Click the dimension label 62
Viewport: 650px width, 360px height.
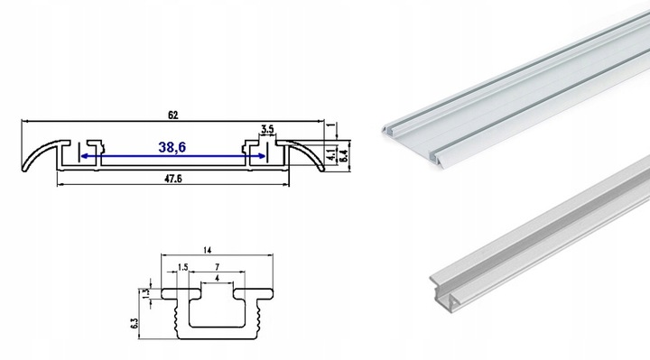[x=172, y=115]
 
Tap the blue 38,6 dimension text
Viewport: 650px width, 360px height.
[x=172, y=147]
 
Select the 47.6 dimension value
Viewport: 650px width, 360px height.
[x=173, y=179]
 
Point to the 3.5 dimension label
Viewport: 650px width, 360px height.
[x=267, y=129]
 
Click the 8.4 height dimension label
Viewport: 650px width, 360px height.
[x=343, y=155]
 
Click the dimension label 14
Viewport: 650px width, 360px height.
[x=208, y=250]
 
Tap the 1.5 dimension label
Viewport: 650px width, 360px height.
[x=182, y=267]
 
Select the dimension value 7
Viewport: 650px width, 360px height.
[x=218, y=267]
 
